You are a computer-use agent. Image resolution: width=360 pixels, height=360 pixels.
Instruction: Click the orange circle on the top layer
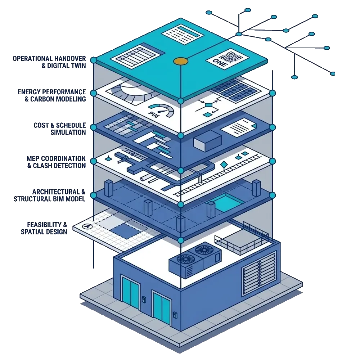181,61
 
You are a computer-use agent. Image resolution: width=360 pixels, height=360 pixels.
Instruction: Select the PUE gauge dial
161,109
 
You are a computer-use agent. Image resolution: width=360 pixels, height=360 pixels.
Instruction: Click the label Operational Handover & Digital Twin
50,62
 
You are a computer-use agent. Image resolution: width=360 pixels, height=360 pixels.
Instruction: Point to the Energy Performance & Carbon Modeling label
52,95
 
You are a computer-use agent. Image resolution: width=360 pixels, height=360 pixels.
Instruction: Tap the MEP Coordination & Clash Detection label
57,162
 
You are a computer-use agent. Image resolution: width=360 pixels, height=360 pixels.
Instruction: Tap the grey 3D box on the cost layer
208,140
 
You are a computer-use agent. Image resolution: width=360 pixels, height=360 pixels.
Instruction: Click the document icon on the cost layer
238,127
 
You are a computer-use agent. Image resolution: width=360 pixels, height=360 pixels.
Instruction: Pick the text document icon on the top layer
182,34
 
